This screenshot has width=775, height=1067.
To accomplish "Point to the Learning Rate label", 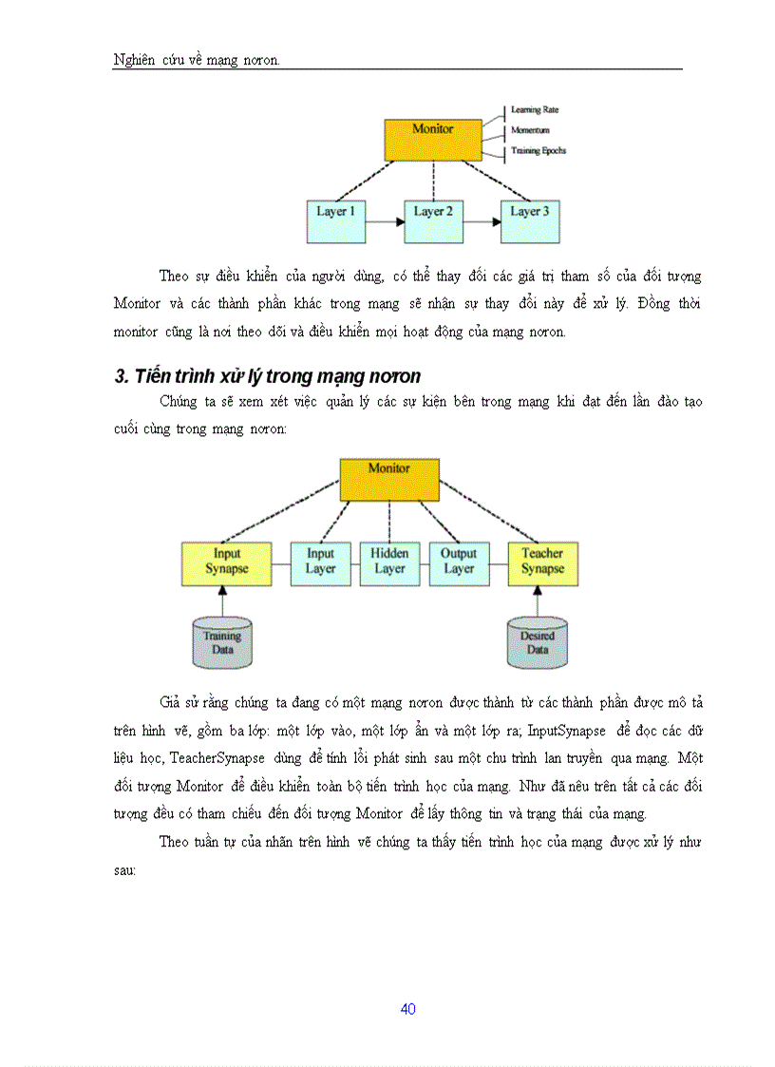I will tap(535, 110).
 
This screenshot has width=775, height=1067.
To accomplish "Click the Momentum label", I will tap(530, 130).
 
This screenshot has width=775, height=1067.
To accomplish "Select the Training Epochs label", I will tap(539, 150).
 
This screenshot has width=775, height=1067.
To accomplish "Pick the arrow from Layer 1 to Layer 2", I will tap(385, 222).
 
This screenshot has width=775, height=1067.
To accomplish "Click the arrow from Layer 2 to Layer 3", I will tap(482, 222).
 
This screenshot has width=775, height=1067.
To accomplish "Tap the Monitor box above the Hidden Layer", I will tap(389, 479).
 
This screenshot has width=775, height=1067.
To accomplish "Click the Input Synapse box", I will tap(227, 562).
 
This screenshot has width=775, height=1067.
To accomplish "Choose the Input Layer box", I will tap(321, 562).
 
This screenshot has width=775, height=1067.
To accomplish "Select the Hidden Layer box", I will tap(389, 562).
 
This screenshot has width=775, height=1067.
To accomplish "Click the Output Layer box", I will tap(459, 562).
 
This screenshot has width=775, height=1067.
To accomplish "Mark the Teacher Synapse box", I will tap(542, 562).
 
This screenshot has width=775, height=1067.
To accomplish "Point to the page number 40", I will tap(408, 1009).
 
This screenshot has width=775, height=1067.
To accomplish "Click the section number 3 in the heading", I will tap(121, 377).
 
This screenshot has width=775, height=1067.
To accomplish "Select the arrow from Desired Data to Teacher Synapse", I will tap(538, 600).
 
